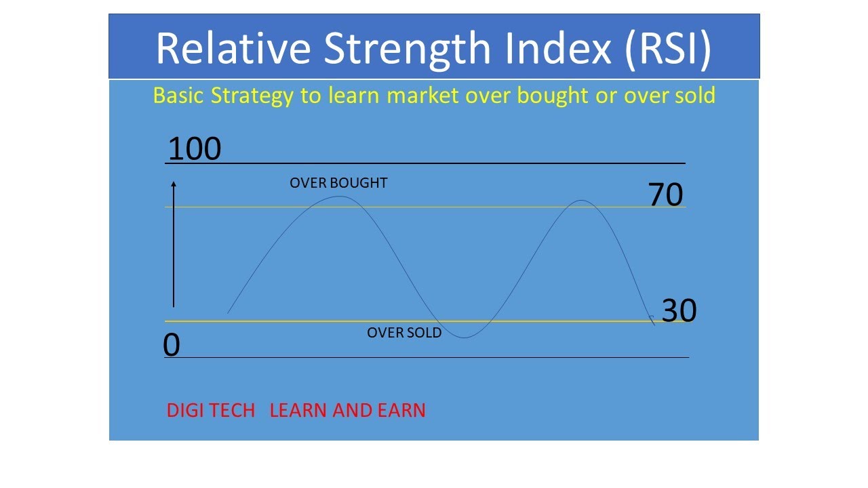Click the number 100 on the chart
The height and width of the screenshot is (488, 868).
click(194, 148)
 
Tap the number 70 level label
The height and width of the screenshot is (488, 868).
click(665, 195)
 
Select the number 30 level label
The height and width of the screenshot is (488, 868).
click(679, 311)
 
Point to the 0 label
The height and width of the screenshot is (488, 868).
click(172, 346)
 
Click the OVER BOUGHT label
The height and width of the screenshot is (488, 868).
click(338, 183)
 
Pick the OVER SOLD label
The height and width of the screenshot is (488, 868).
click(404, 333)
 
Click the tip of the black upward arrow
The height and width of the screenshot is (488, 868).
click(174, 183)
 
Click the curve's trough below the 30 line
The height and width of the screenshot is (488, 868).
click(465, 338)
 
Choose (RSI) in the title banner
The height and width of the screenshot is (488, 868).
click(669, 47)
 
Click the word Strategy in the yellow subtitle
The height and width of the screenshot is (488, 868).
click(254, 95)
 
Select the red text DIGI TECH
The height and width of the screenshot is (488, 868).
click(210, 410)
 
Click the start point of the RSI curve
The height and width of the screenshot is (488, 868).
click(228, 312)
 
